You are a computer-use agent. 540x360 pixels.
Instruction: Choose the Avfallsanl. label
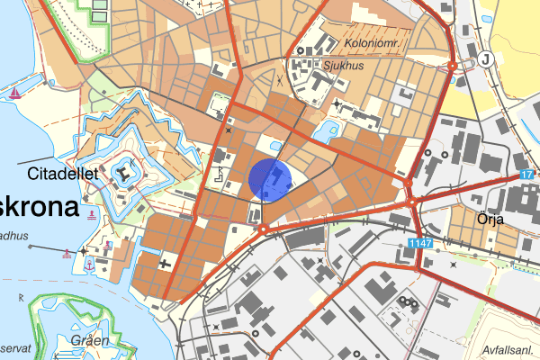[508, 350]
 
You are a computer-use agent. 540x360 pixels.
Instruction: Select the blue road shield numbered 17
[527, 174]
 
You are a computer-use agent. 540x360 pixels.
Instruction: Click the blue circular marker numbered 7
[270, 178]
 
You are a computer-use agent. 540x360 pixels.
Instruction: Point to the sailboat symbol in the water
[15, 93]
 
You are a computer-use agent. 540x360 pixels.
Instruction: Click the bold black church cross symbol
[164, 265]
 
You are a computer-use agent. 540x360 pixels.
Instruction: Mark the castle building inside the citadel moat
[122, 171]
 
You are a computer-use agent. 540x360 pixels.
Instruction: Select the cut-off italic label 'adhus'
[14, 237]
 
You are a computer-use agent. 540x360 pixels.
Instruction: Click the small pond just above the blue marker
[276, 148]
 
